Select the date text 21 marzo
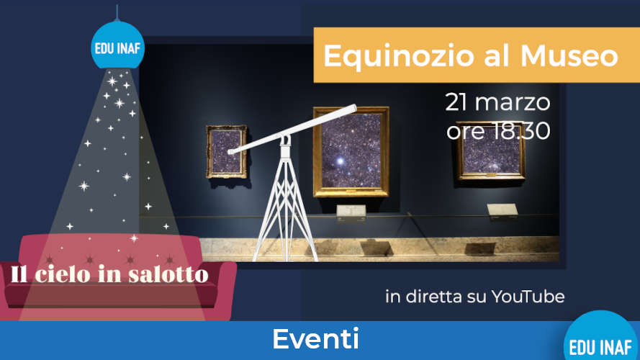pos(497,102)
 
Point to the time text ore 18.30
pos(497,131)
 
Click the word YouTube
pos(528,297)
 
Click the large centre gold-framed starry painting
pos(351,152)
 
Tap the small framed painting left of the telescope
pos(226,151)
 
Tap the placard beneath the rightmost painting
pos(502,210)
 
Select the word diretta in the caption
pos(438,297)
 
